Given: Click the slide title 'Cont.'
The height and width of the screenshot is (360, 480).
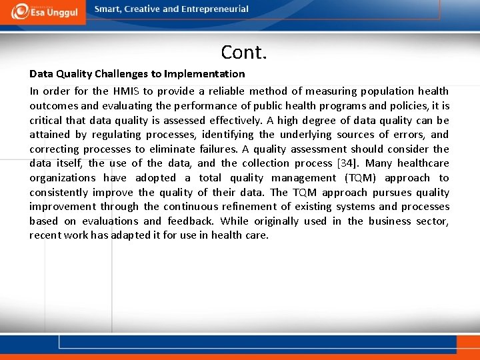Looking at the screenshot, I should [244, 51].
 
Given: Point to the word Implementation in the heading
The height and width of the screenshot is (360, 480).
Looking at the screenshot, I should [207, 73].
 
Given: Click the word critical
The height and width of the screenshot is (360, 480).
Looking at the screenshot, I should [46, 121].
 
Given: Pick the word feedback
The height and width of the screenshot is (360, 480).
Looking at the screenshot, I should [190, 221].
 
